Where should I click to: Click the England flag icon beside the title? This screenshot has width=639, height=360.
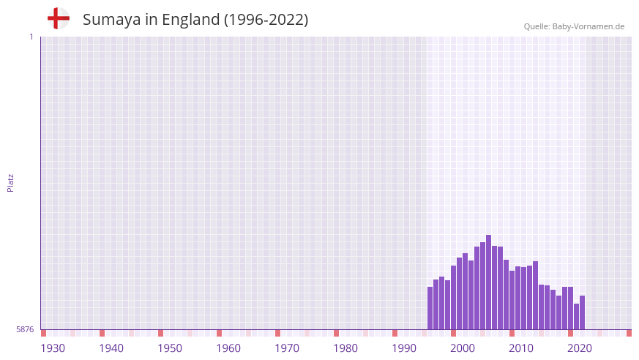pos(58,18)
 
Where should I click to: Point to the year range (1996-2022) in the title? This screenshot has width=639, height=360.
pos(266,20)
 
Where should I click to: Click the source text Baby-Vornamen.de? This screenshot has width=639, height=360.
pos(588,26)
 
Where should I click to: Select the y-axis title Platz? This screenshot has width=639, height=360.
pos(10,182)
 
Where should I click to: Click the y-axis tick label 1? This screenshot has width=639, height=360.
pos(31,37)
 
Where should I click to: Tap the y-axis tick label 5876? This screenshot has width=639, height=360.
pos(25,330)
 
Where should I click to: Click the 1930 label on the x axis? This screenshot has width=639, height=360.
pos(53,348)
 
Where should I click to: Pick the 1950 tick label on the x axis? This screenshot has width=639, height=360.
pos(170,348)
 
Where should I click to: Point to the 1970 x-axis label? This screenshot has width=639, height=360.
pos(287,348)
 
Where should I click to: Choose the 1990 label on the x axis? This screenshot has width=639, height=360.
pos(404,348)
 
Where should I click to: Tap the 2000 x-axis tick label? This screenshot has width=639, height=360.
pos(463,348)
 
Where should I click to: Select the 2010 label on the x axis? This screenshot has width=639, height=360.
pos(521,348)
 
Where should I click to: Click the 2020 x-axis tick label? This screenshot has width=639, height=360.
pos(580,348)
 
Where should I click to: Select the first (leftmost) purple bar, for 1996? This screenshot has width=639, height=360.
pos(430,308)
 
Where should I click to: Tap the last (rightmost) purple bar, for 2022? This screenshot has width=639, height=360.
pos(582,312)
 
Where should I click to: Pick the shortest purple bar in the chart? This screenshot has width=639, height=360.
pos(576,317)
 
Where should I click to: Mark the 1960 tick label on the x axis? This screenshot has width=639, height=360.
pos(228,348)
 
